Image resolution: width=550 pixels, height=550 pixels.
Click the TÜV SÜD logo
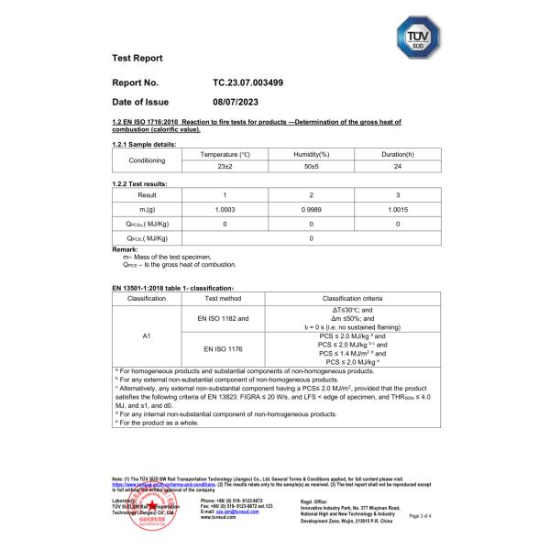[415, 40]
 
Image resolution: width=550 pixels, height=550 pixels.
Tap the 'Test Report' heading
[137, 59]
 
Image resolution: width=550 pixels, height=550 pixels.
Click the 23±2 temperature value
[225, 167]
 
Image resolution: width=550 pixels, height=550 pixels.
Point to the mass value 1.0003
[225, 209]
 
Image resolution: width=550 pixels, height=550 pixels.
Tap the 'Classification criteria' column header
[355, 299]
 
